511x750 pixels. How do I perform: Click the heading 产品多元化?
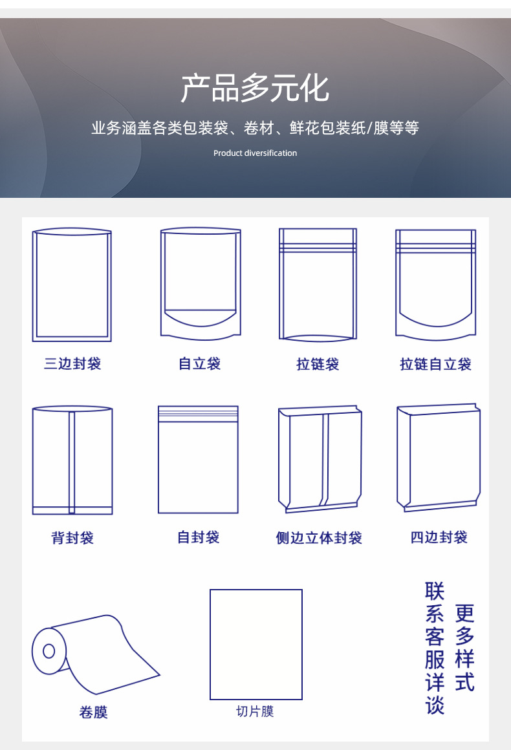(x=255, y=89)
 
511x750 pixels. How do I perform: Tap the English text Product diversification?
(x=255, y=153)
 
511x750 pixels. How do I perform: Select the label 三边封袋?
(x=72, y=363)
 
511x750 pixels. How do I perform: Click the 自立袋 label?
(x=200, y=363)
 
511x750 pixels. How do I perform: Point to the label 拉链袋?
(x=318, y=364)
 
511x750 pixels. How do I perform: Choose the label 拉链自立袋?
(x=435, y=364)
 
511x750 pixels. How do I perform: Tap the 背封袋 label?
(x=72, y=537)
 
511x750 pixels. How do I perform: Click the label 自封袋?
(x=199, y=537)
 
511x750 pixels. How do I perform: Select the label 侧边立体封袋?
(x=319, y=537)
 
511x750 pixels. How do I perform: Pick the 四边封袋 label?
(x=439, y=537)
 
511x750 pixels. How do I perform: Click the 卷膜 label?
(x=93, y=712)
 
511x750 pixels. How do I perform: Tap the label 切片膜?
(x=255, y=711)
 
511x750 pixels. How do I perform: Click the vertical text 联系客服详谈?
(x=435, y=647)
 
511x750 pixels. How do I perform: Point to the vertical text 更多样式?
(x=464, y=647)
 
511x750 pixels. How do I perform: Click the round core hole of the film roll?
(x=49, y=651)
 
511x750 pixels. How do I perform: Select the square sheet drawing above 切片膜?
(x=256, y=644)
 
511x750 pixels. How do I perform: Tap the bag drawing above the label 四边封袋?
(x=439, y=458)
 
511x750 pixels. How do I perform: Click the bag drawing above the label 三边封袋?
(x=72, y=284)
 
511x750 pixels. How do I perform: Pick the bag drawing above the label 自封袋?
(x=198, y=460)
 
